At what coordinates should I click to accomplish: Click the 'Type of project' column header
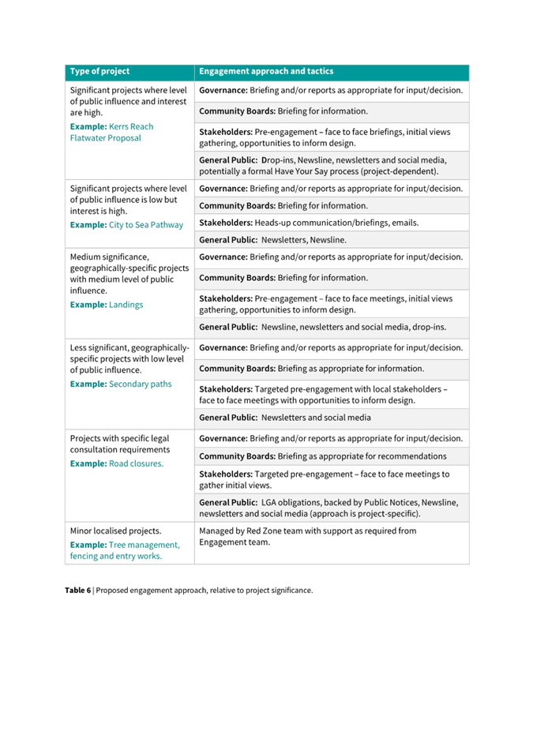pyautogui.click(x=100, y=72)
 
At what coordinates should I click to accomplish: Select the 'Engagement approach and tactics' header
pyautogui.click(x=266, y=72)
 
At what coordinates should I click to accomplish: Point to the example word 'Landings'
pyautogui.click(x=126, y=304)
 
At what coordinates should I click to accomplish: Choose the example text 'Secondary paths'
pyautogui.click(x=140, y=385)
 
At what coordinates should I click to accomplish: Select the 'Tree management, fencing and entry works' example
pyautogui.click(x=125, y=550)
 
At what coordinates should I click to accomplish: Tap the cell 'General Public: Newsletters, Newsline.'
pyautogui.click(x=272, y=240)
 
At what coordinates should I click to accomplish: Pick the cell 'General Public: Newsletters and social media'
pyautogui.click(x=285, y=418)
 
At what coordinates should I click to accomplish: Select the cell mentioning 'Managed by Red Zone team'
pyautogui.click(x=308, y=536)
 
